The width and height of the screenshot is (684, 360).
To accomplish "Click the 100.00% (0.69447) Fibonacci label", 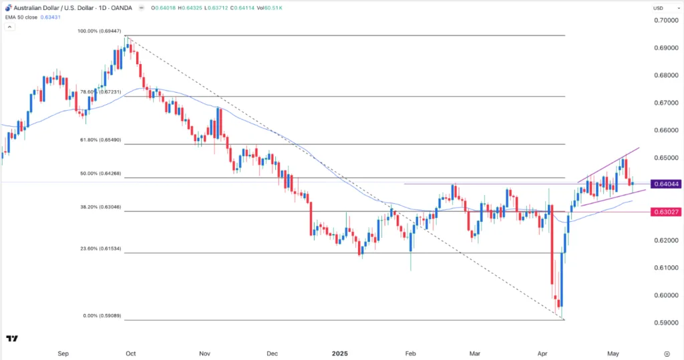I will pos(100,31).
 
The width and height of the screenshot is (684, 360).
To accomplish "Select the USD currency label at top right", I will pos(658,8).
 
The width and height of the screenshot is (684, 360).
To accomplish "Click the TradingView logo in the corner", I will pos(12,340).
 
